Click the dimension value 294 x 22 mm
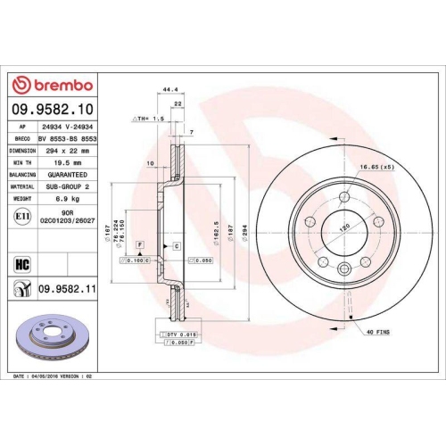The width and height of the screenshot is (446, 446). pyautogui.click(x=64, y=152)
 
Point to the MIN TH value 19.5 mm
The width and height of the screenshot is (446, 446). pyautogui.click(x=64, y=164)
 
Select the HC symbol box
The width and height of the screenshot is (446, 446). pyautogui.click(x=21, y=262)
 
